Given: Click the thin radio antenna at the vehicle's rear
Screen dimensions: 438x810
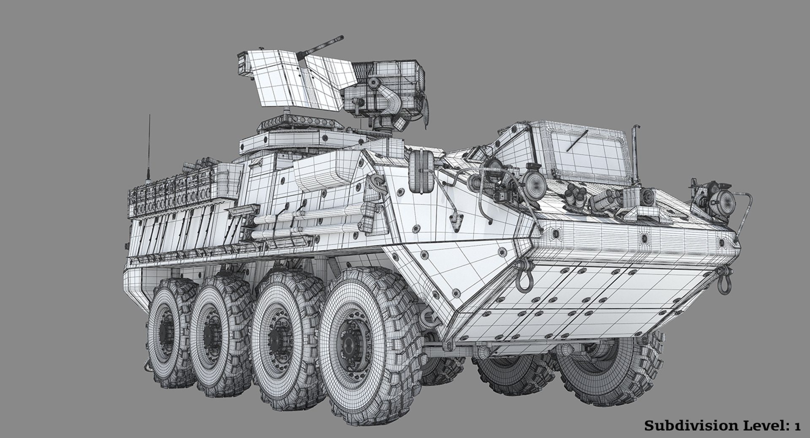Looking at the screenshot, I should click(x=149, y=143).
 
